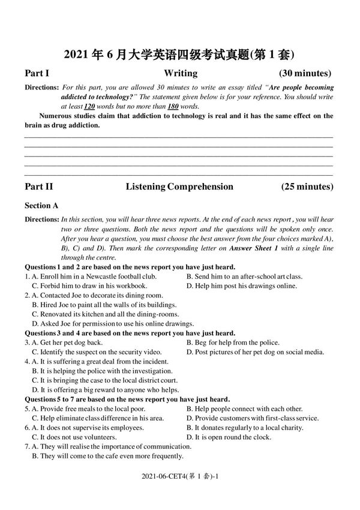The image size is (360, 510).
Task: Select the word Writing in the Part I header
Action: [x=180, y=74]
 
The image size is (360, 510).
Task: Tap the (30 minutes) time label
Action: [x=306, y=74]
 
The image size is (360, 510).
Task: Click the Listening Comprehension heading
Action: [x=179, y=187]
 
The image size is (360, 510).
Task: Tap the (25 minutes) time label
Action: [x=307, y=187]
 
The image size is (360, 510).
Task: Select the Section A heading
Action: [x=41, y=206]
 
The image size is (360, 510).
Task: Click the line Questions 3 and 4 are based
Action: [x=130, y=333]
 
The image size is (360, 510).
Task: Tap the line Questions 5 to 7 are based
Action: [x=127, y=399]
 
